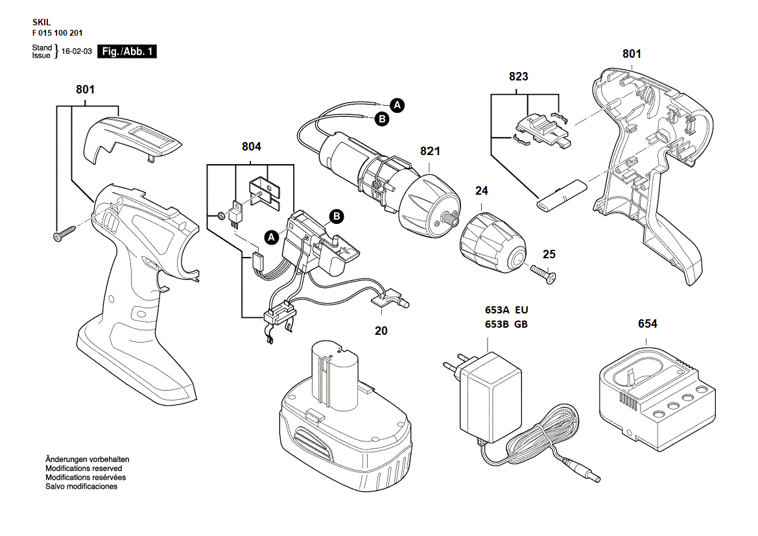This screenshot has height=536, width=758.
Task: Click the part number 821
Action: coord(430,151)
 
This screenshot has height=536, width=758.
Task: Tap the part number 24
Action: coord(481,191)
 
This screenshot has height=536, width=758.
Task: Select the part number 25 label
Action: coord(549,254)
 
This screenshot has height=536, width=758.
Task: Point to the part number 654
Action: coord(647,324)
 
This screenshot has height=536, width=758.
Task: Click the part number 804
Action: coord(252,147)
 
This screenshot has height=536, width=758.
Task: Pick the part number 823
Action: coord(519,77)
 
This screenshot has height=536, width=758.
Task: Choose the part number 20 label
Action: coord(381,330)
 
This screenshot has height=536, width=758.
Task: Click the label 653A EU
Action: coord(506,310)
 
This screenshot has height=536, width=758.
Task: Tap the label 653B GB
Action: coord(506,324)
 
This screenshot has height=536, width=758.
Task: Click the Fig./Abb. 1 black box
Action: coord(126,52)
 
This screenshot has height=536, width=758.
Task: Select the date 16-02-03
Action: coord(77,52)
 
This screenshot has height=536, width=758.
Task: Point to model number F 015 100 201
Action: coord(57,32)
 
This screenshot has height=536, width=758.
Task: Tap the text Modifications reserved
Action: coord(84,468)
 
